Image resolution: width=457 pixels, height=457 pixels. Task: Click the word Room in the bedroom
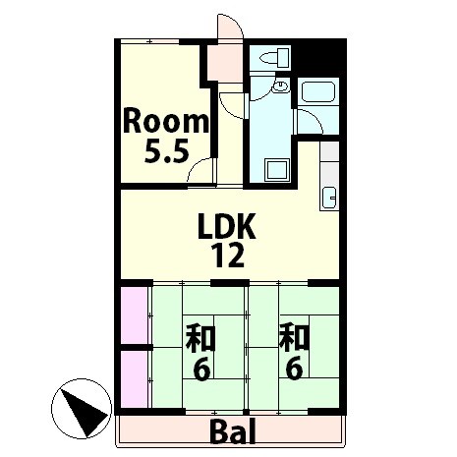166,122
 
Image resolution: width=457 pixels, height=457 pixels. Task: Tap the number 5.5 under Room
167,150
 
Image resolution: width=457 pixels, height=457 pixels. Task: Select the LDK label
227,226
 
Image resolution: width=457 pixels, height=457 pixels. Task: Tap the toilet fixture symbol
274,58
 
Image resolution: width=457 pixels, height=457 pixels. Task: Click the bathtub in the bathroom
318,91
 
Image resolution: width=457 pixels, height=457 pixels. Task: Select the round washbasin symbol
281,86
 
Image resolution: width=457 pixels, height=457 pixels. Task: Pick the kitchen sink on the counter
329,198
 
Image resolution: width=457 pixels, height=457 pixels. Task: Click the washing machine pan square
277,170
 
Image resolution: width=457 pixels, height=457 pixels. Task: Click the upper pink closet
134,315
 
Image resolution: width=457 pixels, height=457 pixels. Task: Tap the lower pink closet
134,379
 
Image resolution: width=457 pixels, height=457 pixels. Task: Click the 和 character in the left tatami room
200,337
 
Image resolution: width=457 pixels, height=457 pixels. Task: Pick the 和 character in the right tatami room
294,337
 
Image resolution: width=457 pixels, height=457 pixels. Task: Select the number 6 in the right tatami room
294,370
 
